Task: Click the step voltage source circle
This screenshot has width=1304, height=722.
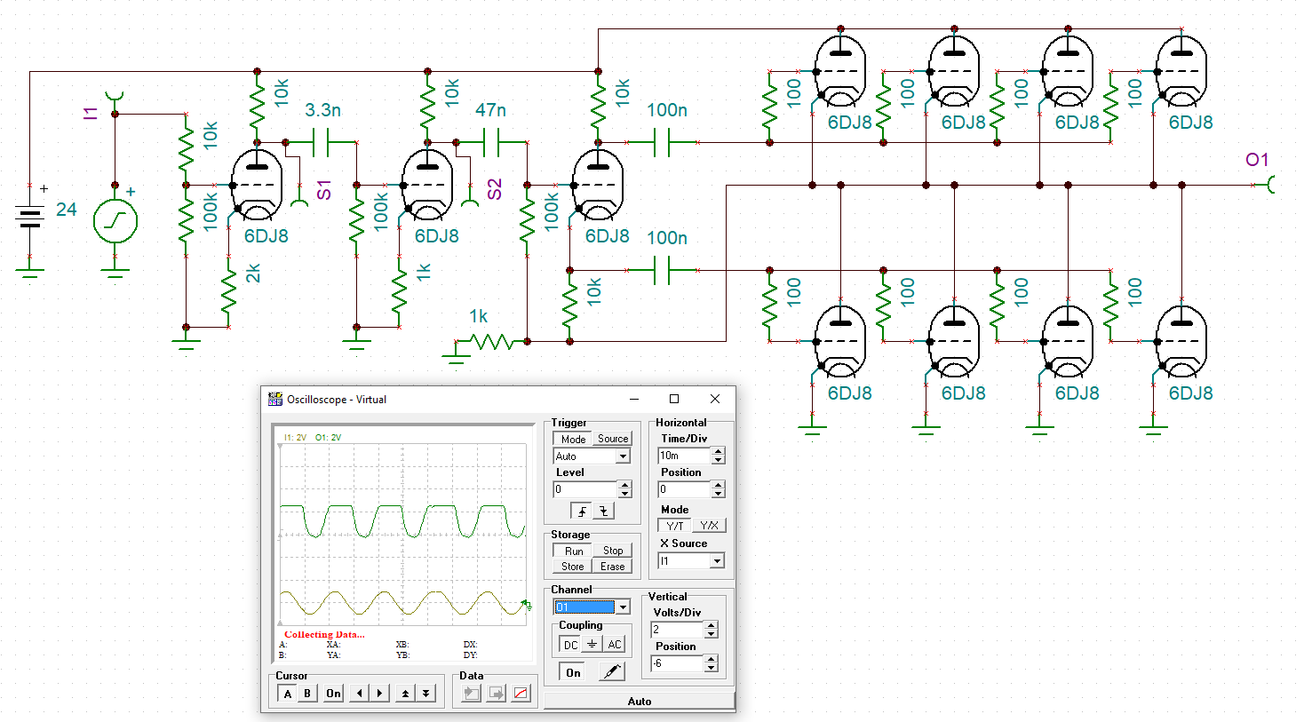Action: click(x=115, y=221)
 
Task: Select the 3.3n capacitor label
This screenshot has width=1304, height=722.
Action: click(x=323, y=110)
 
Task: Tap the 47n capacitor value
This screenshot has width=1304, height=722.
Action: click(x=490, y=110)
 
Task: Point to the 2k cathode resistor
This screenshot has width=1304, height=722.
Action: click(x=229, y=291)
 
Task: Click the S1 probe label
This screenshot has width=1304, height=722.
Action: click(x=323, y=190)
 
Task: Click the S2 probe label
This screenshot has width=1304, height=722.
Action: click(x=494, y=190)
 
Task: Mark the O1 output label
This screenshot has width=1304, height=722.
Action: click(x=1257, y=160)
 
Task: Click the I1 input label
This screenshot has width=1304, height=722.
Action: click(x=91, y=114)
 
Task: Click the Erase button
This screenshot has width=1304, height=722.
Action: click(x=612, y=567)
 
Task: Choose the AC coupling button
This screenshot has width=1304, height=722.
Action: click(x=615, y=645)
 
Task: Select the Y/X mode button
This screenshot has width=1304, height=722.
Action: click(x=709, y=526)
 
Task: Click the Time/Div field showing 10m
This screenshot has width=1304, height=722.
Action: click(x=684, y=456)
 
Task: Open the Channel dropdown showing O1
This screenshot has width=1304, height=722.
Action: click(x=591, y=607)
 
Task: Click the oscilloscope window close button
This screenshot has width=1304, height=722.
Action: click(x=715, y=399)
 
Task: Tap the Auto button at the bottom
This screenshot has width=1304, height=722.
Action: click(x=640, y=701)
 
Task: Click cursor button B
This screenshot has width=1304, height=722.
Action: click(x=307, y=694)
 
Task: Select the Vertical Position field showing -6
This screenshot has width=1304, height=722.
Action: click(x=678, y=663)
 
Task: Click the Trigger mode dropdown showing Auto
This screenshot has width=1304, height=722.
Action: click(x=591, y=456)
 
